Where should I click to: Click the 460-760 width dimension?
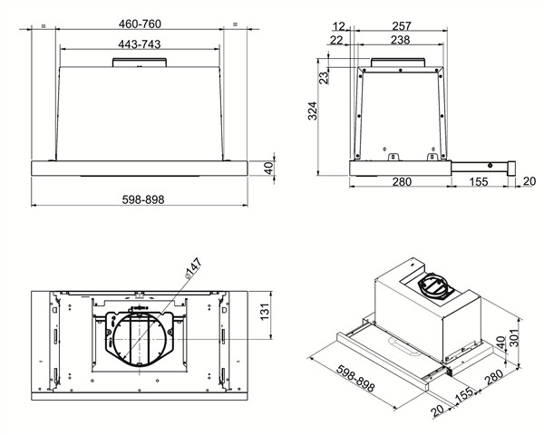[140, 24]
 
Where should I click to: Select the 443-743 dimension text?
[140, 44]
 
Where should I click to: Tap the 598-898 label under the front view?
[143, 199]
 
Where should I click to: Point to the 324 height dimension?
[313, 111]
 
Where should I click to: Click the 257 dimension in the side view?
[402, 26]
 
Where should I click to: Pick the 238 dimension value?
[401, 40]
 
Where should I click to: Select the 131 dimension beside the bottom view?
[265, 312]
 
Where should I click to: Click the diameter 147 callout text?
[193, 268]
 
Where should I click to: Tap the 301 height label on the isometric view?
[515, 337]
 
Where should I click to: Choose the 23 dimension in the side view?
[324, 77]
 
